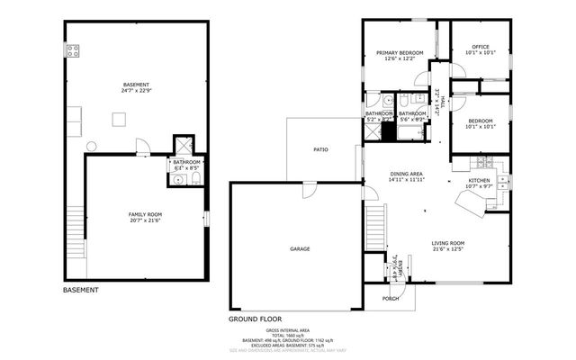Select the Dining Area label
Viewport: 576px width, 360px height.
[406, 175]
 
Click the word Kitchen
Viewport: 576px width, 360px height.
[480, 181]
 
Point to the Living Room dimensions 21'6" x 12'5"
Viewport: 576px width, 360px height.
[447, 250]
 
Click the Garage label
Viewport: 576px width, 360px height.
[300, 248]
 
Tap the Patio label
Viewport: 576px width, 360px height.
[319, 149]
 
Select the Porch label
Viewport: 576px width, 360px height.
[391, 298]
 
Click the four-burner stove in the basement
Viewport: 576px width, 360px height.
[73, 50]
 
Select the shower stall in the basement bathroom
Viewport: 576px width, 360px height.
[183, 144]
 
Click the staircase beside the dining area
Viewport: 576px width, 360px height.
[375, 226]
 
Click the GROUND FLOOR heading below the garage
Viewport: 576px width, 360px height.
[255, 319]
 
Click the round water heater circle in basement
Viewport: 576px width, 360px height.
[91, 146]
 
